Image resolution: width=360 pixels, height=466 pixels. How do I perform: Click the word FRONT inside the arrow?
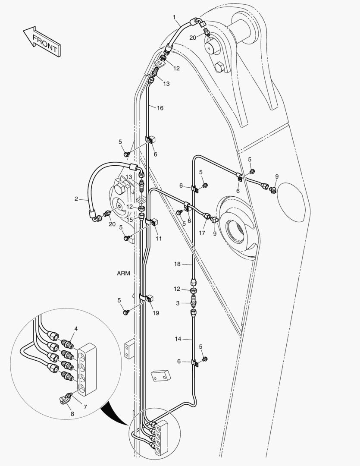pos(44,43)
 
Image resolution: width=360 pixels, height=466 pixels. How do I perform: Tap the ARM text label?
pos(123,273)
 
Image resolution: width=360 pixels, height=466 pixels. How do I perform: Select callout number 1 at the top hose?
pos(174,18)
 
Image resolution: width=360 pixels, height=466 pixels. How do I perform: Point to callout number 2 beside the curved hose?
pos(76,199)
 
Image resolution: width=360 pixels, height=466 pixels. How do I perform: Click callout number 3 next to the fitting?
pos(178,303)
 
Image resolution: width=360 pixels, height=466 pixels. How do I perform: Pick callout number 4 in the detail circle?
pos(76,329)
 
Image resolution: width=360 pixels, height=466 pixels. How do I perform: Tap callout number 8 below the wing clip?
pos(72,413)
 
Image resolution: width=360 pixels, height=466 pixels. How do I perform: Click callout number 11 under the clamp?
pos(159,238)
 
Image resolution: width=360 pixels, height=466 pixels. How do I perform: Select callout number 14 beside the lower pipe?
pos(178,339)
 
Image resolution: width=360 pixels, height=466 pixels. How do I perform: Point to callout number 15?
pos(130,220)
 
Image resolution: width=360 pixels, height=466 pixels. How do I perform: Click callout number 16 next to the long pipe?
pos(160,108)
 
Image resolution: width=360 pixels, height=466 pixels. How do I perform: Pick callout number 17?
pos(202,233)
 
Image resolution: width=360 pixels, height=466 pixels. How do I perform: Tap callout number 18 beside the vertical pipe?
pos(177,264)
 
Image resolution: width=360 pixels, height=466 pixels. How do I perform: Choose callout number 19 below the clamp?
pos(156,313)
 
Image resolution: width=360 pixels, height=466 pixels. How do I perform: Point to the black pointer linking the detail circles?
pos(116,412)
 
